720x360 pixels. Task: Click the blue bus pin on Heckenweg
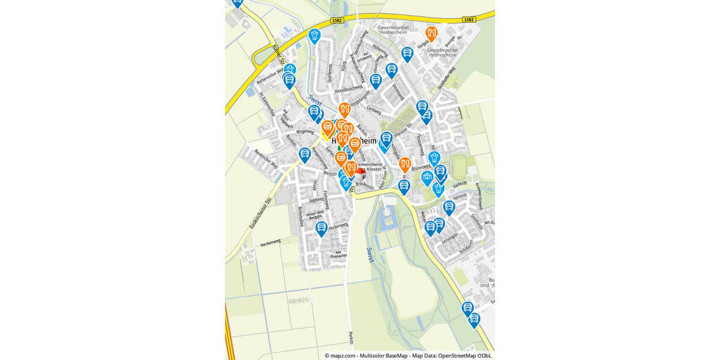(x=322, y=228)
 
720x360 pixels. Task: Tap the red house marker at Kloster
(x=360, y=172)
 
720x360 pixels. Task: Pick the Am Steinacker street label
(x=338, y=254)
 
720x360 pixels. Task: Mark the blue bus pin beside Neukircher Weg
(x=305, y=155)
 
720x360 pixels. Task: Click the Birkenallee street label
(x=301, y=217)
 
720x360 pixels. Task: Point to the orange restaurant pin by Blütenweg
(x=405, y=163)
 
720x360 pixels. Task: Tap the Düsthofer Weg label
(x=447, y=77)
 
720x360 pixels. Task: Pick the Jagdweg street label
(x=316, y=199)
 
